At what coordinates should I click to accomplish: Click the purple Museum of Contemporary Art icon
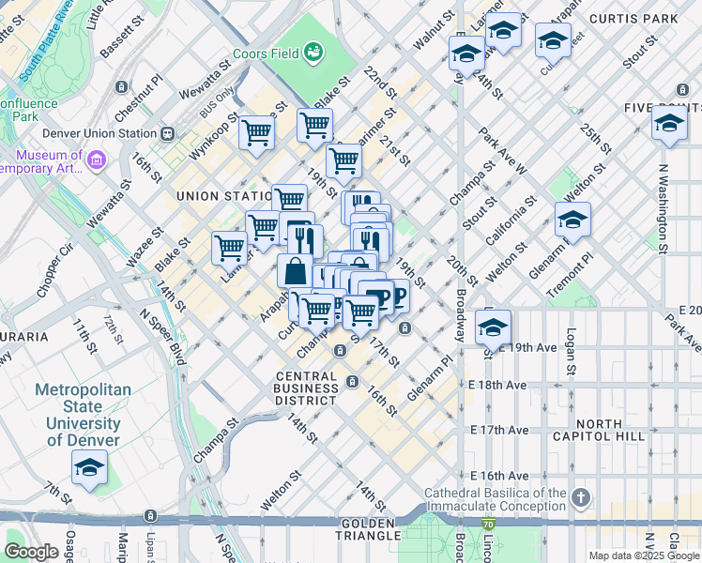pyautogui.click(x=95, y=162)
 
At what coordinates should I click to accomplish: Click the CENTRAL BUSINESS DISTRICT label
pyautogui.click(x=306, y=388)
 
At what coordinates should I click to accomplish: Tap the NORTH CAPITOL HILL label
pyautogui.click(x=610, y=430)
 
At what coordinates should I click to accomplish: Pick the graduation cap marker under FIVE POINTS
pyautogui.click(x=669, y=124)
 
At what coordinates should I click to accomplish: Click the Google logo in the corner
pyautogui.click(x=31, y=552)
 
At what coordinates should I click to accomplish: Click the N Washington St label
pyautogui.click(x=662, y=208)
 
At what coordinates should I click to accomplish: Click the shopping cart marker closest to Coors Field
pyautogui.click(x=314, y=124)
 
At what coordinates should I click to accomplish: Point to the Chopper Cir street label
pyautogui.click(x=54, y=270)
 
